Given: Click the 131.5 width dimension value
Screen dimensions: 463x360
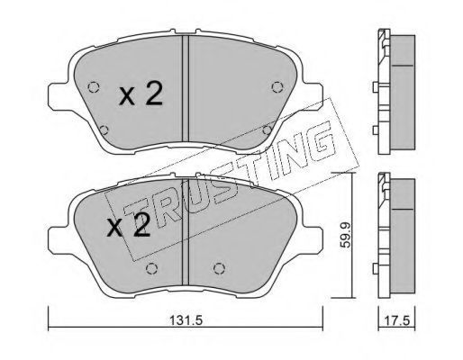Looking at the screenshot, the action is point(186,320).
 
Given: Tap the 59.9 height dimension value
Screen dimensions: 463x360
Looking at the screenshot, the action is point(346,235).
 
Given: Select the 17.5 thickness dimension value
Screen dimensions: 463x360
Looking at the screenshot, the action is point(397,320).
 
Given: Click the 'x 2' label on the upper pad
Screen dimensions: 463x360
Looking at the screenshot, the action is point(141,94).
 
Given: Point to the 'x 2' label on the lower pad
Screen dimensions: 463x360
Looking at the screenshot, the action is point(129,225).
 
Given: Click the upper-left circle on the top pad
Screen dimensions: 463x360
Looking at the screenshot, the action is point(94,87).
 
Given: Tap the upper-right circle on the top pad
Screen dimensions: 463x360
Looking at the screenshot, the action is point(277,87).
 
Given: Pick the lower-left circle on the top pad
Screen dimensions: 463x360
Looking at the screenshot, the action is point(104,130).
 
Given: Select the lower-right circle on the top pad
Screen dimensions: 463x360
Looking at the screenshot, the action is point(267,130).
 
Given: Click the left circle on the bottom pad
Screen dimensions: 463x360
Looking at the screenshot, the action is point(151,268).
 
